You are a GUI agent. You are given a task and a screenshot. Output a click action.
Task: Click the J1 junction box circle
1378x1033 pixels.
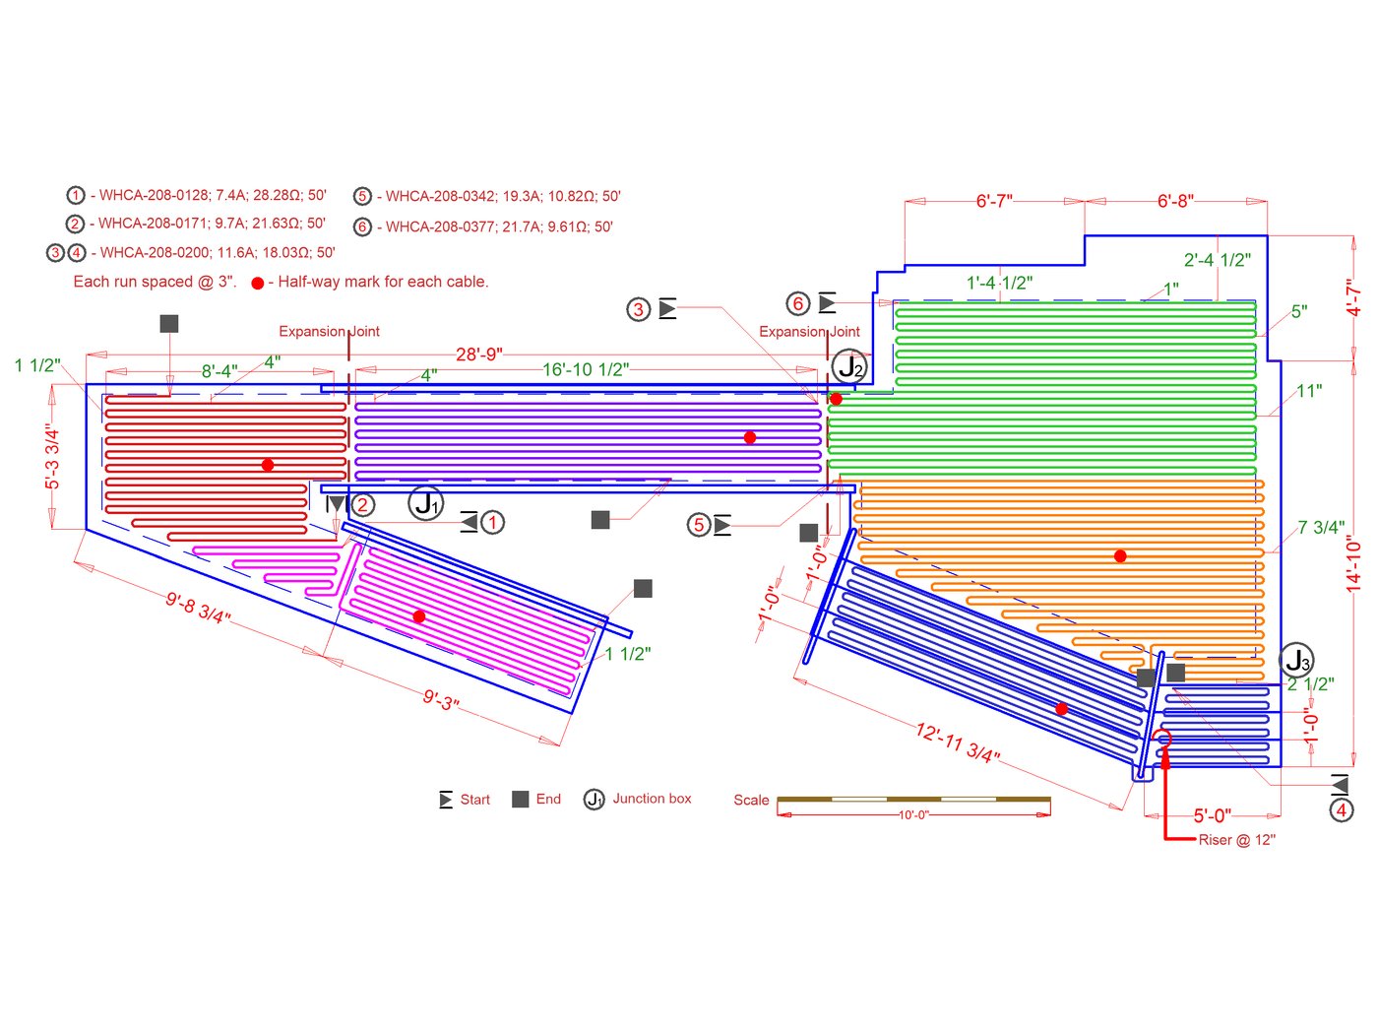coord(426,503)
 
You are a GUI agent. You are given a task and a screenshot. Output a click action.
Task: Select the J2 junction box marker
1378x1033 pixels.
coord(849,367)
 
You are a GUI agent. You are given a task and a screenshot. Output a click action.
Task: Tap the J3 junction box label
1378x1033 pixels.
coord(1297,661)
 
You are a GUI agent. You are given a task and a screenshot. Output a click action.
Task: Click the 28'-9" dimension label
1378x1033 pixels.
coord(479,355)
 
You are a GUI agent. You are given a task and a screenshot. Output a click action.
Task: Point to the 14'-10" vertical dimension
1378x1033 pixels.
coord(1354,564)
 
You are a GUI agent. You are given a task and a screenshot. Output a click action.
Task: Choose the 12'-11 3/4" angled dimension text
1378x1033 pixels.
coord(957,742)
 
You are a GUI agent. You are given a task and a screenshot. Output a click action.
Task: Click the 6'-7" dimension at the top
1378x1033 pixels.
coord(994,201)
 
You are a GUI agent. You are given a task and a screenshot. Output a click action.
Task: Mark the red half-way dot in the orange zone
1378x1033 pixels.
coord(1120,556)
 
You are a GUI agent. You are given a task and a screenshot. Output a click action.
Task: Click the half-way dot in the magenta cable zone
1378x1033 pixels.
coord(419,616)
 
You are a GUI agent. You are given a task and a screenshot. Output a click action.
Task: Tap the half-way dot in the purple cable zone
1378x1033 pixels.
coord(750,437)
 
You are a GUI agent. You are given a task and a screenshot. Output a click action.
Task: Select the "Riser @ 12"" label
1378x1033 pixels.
coord(1236,840)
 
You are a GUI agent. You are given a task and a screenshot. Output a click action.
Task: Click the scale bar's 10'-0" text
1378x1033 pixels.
coord(913,815)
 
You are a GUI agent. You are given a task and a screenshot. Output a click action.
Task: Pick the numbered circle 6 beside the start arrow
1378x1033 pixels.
coord(798,303)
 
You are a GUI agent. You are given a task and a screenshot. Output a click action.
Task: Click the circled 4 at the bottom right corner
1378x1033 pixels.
coord(1341,810)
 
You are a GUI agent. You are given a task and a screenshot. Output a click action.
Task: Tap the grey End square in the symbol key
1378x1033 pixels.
coord(521,799)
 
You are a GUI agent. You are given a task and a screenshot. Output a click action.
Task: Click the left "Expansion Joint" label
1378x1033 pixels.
coord(329,332)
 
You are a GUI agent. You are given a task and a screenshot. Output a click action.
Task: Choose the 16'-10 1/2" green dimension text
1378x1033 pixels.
coord(586,370)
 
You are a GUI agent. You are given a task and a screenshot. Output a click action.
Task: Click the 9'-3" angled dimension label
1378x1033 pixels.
coord(441,700)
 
